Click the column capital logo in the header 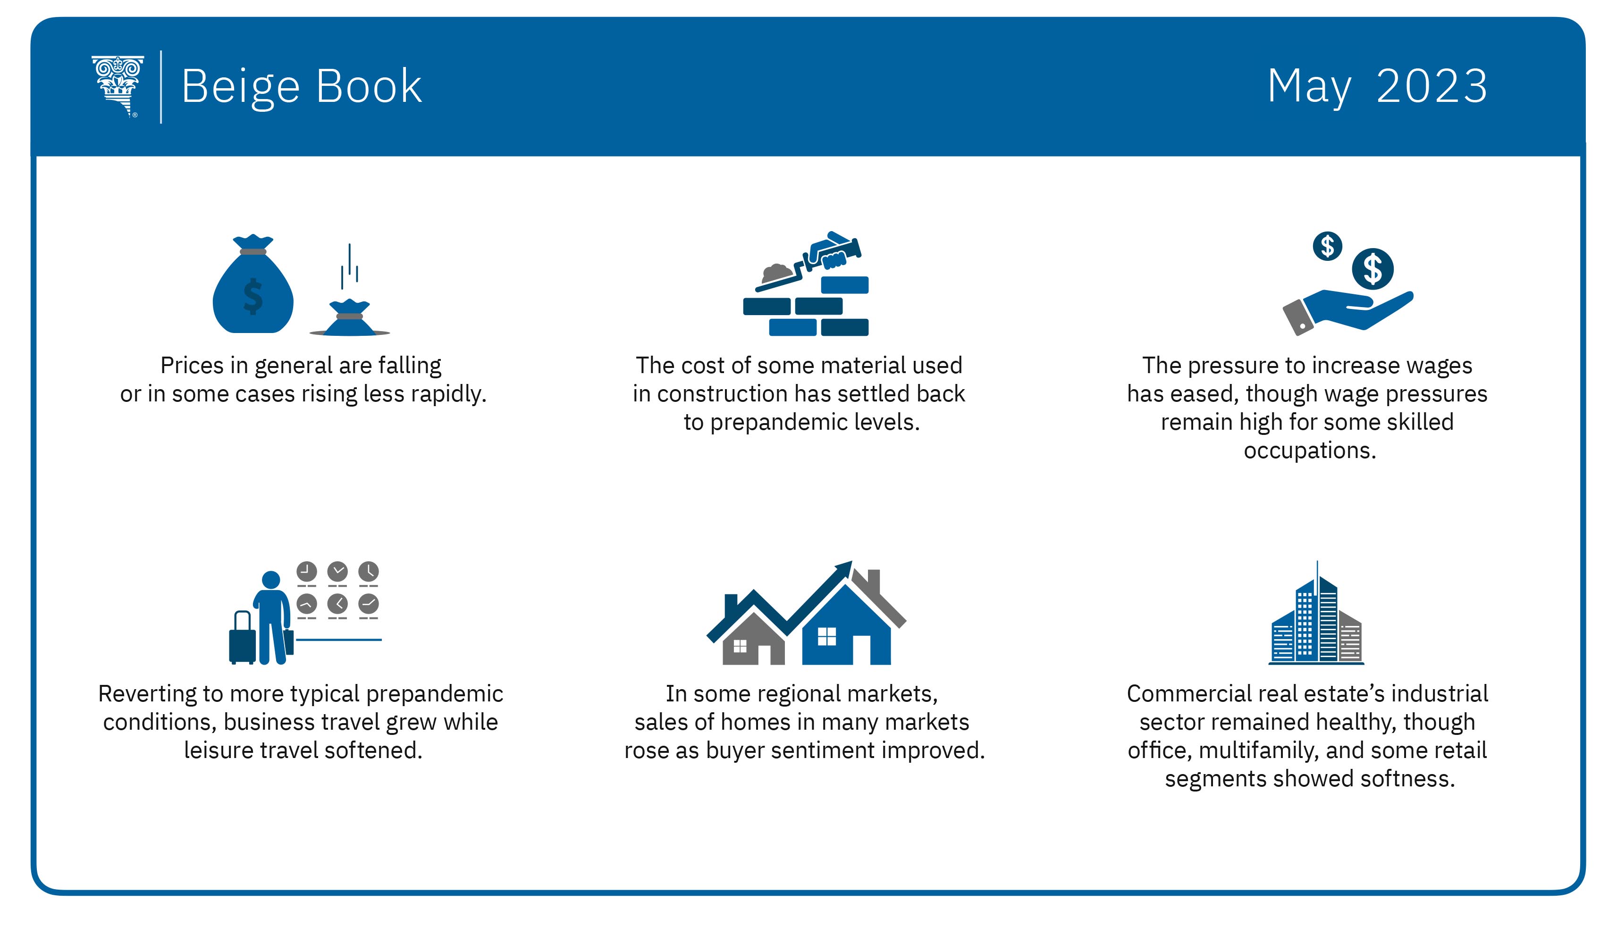click(x=118, y=86)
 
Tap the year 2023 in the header click(x=1432, y=86)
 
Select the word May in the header click(x=1309, y=88)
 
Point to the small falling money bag click(x=350, y=317)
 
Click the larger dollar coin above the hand click(x=1373, y=269)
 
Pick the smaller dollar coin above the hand click(x=1327, y=246)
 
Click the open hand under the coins click(x=1347, y=311)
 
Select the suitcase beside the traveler click(x=242, y=639)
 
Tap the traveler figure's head click(x=271, y=579)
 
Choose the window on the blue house click(x=826, y=636)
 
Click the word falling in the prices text click(x=410, y=366)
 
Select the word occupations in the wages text click(x=1309, y=451)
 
